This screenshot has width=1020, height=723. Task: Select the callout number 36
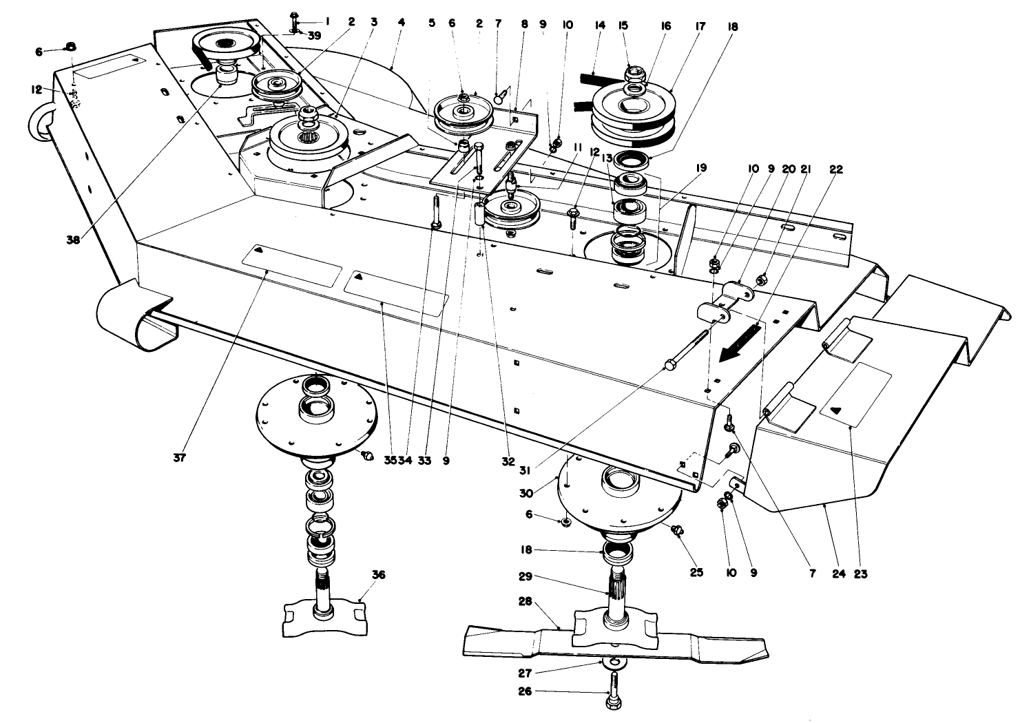click(378, 575)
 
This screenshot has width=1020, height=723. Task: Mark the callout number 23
click(860, 573)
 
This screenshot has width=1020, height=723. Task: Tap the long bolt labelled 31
click(689, 350)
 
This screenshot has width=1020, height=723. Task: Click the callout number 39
click(315, 36)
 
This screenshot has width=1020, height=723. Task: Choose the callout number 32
click(508, 461)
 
